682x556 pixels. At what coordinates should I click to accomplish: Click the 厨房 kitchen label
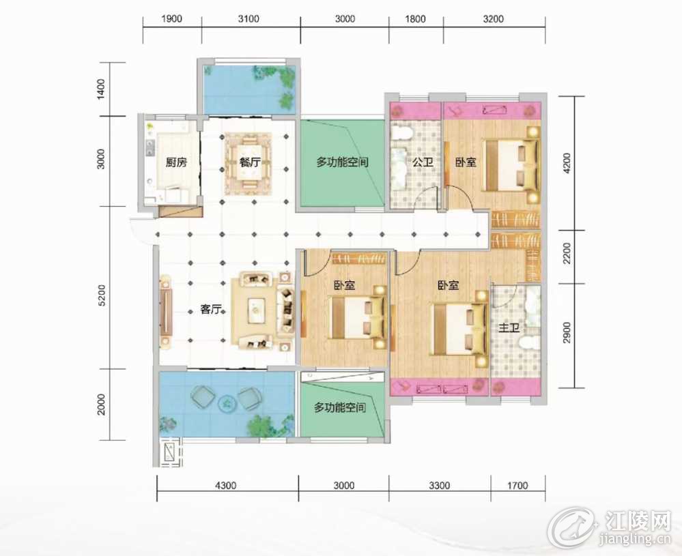176,162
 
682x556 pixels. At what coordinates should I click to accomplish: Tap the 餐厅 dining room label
250,162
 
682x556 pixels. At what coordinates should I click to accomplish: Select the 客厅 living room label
211,310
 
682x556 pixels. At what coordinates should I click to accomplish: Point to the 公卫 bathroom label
423,162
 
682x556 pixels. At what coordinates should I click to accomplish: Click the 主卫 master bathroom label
509,327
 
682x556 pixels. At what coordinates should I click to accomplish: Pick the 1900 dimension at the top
171,19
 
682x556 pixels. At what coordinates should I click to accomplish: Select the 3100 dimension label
248,19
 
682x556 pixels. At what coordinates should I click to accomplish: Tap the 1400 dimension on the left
101,89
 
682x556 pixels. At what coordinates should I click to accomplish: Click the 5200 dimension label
101,295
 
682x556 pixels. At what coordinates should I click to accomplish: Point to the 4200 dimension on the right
567,162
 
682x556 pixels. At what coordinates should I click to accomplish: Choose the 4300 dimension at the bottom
226,485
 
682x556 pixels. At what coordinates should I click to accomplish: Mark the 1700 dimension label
517,485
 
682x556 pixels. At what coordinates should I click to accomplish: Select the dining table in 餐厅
250,162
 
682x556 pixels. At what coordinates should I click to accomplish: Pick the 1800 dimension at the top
415,19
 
